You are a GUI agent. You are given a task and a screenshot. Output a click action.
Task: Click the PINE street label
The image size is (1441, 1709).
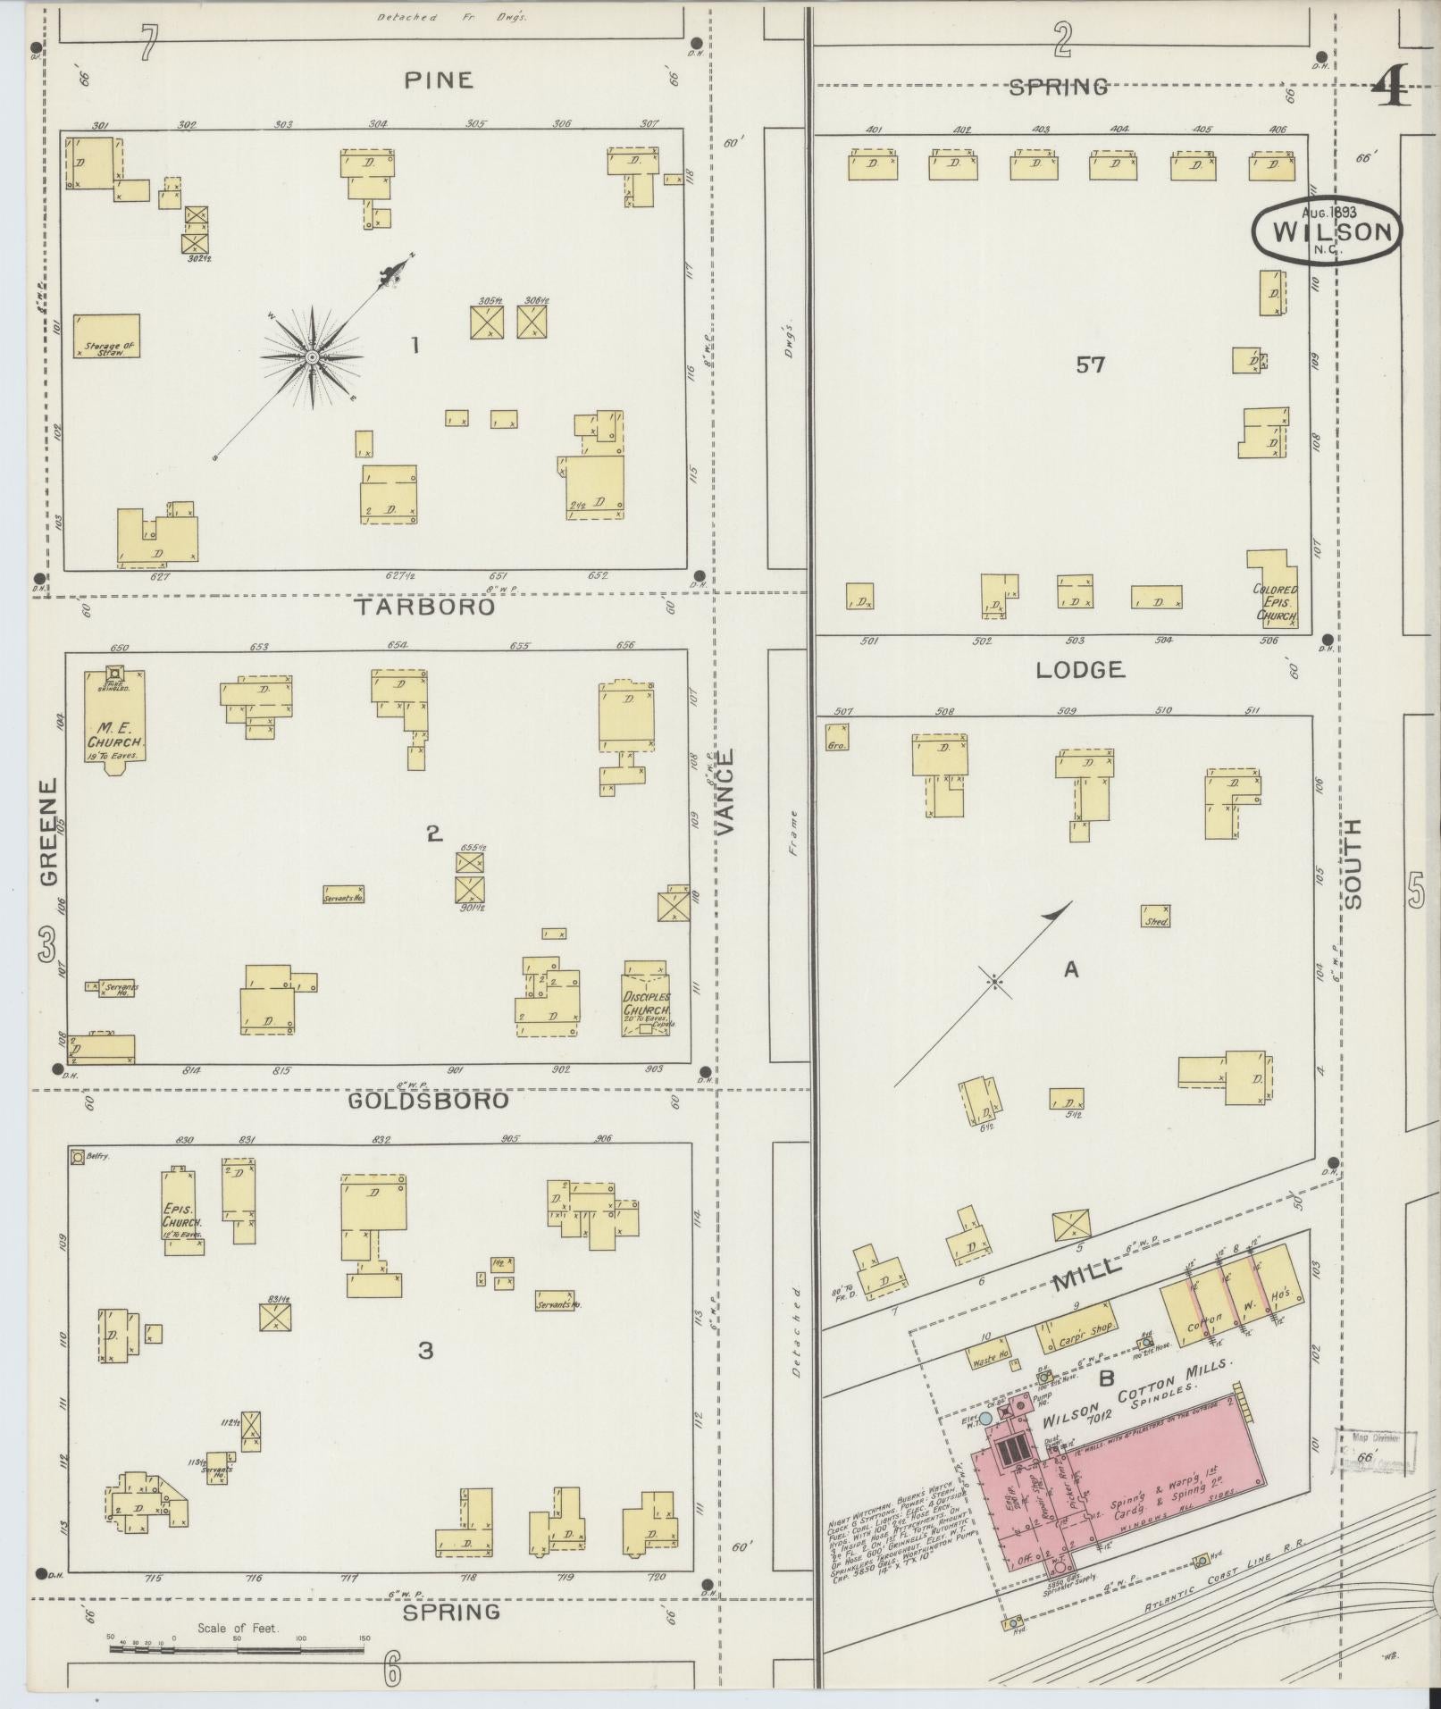coord(437,80)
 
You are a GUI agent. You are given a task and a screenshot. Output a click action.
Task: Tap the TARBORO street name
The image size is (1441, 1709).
coord(424,607)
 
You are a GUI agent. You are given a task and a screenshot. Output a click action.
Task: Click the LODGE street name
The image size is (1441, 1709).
coord(1079,670)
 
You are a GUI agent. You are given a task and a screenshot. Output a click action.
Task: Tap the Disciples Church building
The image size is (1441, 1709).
coord(645,1000)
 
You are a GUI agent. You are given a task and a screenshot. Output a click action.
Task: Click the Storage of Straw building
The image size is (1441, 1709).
coord(107,337)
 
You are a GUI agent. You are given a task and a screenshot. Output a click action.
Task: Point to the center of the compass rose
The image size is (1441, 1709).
coord(312,358)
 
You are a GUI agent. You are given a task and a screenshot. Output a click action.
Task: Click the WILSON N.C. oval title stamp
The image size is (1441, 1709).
coord(1328,231)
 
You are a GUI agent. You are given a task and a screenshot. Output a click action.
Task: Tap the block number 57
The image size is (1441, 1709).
coord(1090,364)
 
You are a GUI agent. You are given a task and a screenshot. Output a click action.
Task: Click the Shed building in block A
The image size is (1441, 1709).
coord(1155,917)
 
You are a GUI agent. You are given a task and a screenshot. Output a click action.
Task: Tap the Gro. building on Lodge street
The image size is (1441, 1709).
coord(836,737)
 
